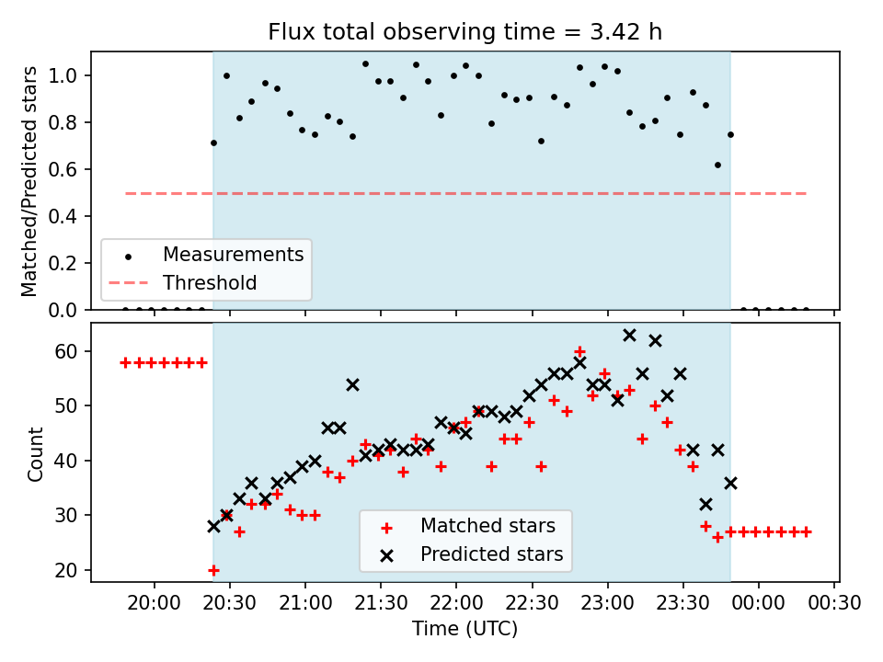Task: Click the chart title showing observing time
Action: [x=464, y=32]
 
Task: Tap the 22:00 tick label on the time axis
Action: [x=456, y=603]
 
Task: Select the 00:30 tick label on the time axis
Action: [x=834, y=603]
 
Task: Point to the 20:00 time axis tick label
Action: [x=155, y=603]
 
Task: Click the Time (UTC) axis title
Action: [x=464, y=628]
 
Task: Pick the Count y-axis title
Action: [x=35, y=453]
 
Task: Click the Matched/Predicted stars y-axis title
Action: [x=29, y=181]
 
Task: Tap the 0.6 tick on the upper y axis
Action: [x=63, y=169]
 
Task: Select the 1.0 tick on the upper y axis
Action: [x=63, y=75]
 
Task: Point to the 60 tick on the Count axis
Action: [x=66, y=352]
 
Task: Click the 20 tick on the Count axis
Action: [x=66, y=570]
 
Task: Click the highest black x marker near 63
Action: [x=629, y=336]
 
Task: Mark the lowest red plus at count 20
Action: [x=213, y=570]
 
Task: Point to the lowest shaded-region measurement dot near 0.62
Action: [x=718, y=165]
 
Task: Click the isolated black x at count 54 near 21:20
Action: [x=352, y=385]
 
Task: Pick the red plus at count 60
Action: [x=579, y=352]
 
